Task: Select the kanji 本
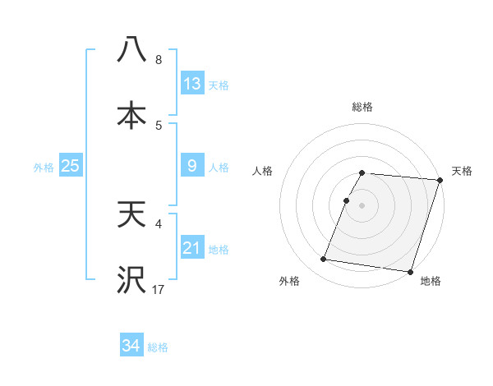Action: (132, 115)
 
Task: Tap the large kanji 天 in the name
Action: (132, 216)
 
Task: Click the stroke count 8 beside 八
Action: (159, 60)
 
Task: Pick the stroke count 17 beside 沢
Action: (159, 290)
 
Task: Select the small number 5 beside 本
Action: (159, 125)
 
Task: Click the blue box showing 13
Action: (192, 83)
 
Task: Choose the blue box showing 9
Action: (192, 166)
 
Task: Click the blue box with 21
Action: (192, 247)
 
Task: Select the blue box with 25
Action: (71, 166)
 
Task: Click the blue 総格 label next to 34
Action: (158, 347)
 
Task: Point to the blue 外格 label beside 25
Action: (44, 168)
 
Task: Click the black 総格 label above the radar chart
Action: (362, 107)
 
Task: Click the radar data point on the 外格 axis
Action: (324, 260)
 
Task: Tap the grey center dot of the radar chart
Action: (362, 204)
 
